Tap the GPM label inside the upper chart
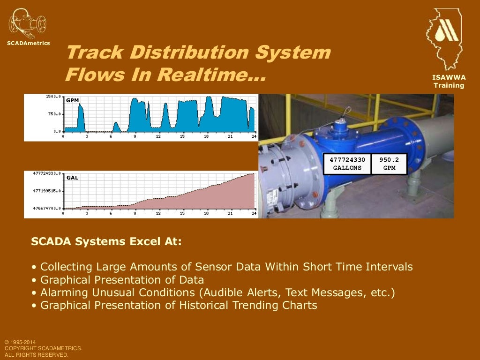coord(73,100)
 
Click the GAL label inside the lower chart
coord(72,178)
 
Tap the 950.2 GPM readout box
coord(389,164)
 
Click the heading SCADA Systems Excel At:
coord(106,242)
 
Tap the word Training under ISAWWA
coord(449,85)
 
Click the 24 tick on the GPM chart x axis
coord(254,136)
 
